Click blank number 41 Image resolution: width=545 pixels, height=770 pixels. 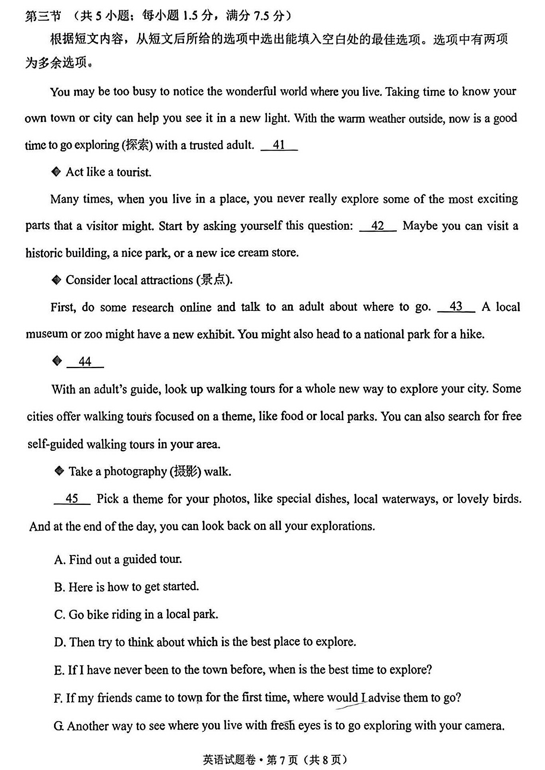click(x=279, y=145)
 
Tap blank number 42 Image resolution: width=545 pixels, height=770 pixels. click(x=377, y=226)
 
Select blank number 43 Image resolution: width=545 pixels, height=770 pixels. click(x=456, y=307)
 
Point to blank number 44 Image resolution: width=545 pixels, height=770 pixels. click(x=85, y=362)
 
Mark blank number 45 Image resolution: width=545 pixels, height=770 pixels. click(x=72, y=498)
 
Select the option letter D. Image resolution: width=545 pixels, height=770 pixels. click(x=59, y=642)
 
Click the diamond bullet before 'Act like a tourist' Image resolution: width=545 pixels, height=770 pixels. click(x=56, y=172)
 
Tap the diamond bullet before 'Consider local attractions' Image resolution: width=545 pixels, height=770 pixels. click(x=56, y=280)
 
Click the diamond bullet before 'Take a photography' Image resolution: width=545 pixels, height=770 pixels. click(x=59, y=471)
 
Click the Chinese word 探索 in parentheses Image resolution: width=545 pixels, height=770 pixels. click(x=137, y=145)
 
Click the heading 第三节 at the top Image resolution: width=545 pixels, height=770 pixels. click(x=43, y=16)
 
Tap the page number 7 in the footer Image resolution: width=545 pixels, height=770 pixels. click(x=282, y=760)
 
